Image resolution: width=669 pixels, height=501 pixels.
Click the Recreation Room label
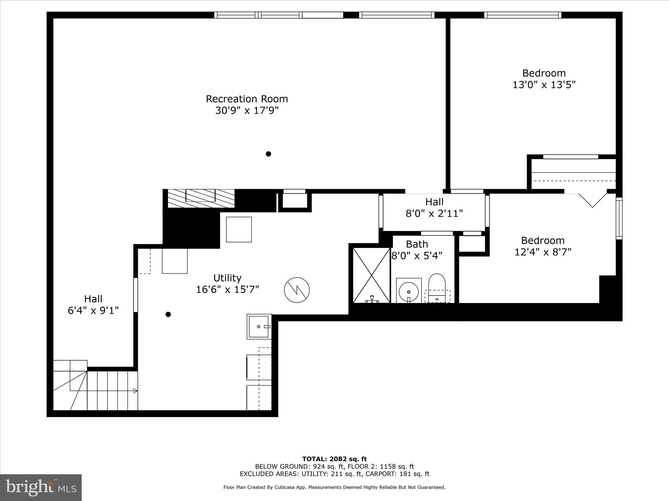coord(247,99)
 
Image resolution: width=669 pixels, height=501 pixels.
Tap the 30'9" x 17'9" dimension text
coord(247,111)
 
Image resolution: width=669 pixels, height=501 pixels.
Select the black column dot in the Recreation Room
coord(268,154)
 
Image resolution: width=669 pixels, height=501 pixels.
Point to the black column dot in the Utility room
coord(168,314)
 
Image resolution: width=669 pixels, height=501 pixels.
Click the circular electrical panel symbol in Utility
coord(297,290)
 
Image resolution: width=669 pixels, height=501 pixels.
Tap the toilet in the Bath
coord(437,287)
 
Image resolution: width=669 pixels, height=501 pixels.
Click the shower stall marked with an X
coord(371,275)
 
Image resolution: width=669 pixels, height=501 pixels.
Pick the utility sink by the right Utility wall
coord(259,326)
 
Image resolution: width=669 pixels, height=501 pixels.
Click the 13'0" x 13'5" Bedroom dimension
coord(544,85)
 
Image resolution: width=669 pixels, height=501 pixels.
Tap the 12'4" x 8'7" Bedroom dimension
coord(543,252)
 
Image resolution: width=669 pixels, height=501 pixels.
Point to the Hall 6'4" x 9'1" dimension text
coord(93,311)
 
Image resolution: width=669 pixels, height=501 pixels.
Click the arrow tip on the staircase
coord(136,391)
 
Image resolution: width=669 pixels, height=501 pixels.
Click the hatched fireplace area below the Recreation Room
coord(201,198)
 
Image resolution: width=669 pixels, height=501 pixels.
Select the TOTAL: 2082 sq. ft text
coord(334,459)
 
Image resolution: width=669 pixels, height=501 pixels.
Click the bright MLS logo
coord(41,487)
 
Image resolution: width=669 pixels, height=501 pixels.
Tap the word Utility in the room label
coord(227,278)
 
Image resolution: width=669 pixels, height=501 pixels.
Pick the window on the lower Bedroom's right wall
coord(619,218)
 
